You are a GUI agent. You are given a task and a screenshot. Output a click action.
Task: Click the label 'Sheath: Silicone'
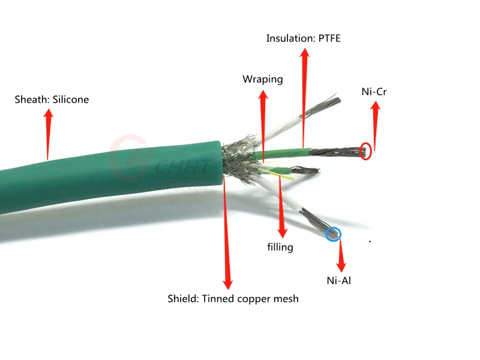pyautogui.click(x=52, y=100)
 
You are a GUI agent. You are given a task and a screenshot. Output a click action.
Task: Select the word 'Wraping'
pyautogui.click(x=262, y=79)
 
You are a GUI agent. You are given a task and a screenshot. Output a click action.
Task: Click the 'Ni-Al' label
pyautogui.click(x=338, y=280)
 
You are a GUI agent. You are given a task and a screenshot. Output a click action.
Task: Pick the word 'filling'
pyautogui.click(x=280, y=247)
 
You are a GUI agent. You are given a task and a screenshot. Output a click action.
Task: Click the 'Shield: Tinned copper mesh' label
pyautogui.click(x=233, y=298)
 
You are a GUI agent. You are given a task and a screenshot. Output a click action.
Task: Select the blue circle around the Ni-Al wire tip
pyautogui.click(x=333, y=233)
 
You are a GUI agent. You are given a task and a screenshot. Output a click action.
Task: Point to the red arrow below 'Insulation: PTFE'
pyautogui.click(x=304, y=96)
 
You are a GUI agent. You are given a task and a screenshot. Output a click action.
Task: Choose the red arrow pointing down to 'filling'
pyautogui.click(x=281, y=207)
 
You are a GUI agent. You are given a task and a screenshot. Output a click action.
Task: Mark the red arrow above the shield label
pyautogui.click(x=226, y=234)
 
